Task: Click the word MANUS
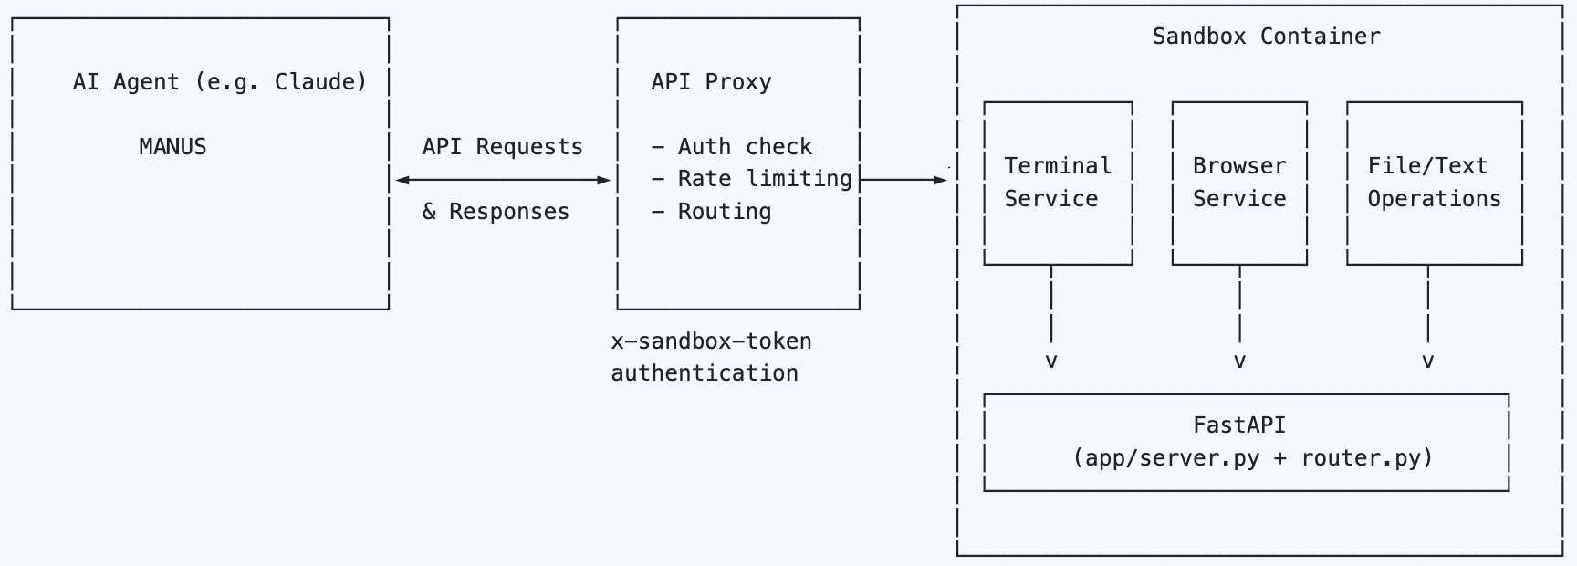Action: [172, 146]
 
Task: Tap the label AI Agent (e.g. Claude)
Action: [220, 82]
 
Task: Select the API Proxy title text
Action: [711, 81]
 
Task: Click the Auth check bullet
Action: [731, 146]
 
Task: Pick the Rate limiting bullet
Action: [751, 179]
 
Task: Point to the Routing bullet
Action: [711, 212]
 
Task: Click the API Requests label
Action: [502, 146]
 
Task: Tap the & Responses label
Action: [496, 212]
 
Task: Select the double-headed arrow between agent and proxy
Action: [503, 181]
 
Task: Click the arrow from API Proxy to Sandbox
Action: [903, 181]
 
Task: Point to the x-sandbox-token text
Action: [711, 341]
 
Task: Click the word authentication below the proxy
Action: [705, 373]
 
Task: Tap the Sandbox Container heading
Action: [1266, 37]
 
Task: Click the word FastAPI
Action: [1239, 424]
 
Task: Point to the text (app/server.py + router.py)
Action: [1253, 457]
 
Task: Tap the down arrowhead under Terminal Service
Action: [1051, 362]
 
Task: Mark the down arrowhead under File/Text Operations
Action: [1428, 362]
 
